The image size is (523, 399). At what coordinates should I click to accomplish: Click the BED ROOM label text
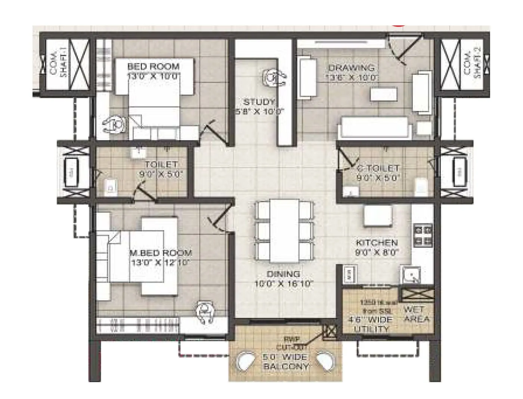[x=153, y=67]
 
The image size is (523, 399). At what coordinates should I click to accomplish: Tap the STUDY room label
[x=259, y=102]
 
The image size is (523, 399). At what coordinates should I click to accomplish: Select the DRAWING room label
[x=351, y=68]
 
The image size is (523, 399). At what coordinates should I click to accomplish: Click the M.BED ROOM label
[x=161, y=253]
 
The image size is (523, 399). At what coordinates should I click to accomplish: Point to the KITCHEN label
[x=377, y=242]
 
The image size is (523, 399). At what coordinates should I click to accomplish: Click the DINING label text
[x=283, y=274]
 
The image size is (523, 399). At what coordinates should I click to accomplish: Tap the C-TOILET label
[x=378, y=168]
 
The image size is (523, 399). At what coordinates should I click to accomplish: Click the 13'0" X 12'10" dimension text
[x=161, y=263]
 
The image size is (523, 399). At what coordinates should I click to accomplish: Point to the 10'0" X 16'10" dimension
[x=284, y=283]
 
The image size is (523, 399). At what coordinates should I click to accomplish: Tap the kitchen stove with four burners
[x=423, y=235]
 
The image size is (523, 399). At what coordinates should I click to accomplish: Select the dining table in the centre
[x=284, y=231]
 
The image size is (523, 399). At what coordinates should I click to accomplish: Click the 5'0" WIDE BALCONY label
[x=286, y=362]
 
